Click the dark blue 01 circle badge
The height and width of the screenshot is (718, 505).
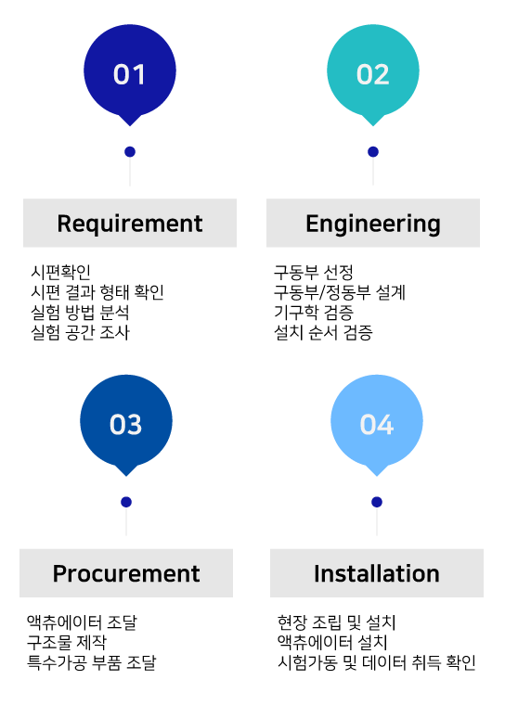(x=130, y=73)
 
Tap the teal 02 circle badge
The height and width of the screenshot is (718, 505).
(x=373, y=73)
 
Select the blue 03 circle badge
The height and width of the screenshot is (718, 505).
(x=126, y=424)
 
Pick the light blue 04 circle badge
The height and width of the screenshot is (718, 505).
(x=377, y=424)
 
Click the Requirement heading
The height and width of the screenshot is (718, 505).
(x=130, y=224)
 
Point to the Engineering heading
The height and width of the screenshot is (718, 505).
(x=373, y=224)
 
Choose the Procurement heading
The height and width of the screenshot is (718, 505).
(x=126, y=573)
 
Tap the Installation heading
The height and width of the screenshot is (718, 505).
(x=377, y=573)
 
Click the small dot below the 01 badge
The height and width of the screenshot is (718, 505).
(x=130, y=151)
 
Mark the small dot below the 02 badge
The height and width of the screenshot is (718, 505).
(x=373, y=151)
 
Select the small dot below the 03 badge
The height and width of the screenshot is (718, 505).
(x=126, y=502)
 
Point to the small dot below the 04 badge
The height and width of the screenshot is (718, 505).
(x=377, y=502)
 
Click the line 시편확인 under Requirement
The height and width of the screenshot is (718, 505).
(x=60, y=272)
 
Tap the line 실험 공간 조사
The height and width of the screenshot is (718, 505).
(x=80, y=332)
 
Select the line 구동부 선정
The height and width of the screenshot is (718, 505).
(x=314, y=272)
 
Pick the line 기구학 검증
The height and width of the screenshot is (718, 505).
(x=314, y=313)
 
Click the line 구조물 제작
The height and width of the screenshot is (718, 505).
(x=67, y=642)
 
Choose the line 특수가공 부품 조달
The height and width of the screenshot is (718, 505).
(x=92, y=662)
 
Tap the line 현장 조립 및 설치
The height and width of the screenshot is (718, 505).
(x=336, y=622)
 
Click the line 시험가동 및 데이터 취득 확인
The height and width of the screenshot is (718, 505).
(x=377, y=662)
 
